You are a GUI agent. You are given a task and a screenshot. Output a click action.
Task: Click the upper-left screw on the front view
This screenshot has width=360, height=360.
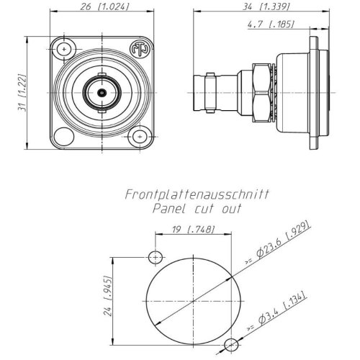click(x=67, y=50)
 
